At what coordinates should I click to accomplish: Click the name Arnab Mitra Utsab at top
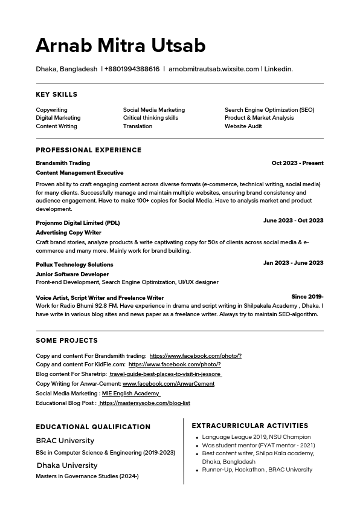point(121,46)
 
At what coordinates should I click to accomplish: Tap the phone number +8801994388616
point(132,69)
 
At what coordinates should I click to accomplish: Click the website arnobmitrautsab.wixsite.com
point(214,69)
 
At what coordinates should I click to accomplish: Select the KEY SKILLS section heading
point(57,94)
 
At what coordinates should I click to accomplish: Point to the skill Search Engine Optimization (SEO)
point(269,110)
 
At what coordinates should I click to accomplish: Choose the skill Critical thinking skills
point(150,118)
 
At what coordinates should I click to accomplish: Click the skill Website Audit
point(243,126)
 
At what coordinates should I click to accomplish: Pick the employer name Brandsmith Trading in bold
point(63,163)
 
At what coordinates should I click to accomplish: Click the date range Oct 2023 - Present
point(297,163)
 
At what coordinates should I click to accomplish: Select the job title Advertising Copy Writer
point(68,233)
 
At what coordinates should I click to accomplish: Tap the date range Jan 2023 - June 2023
point(293,263)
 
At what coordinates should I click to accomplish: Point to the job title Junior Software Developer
point(72,274)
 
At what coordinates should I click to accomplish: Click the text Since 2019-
point(307,297)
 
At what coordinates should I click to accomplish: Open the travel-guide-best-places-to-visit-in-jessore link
point(166,374)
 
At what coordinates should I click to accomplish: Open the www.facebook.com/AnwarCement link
point(169,384)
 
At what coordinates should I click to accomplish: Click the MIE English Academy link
point(130,394)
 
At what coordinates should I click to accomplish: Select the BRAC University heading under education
point(65,441)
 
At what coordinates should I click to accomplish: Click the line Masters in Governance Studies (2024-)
point(87,476)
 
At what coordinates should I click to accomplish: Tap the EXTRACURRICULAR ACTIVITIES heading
point(250,426)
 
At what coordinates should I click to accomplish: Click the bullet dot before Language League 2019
point(197,437)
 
